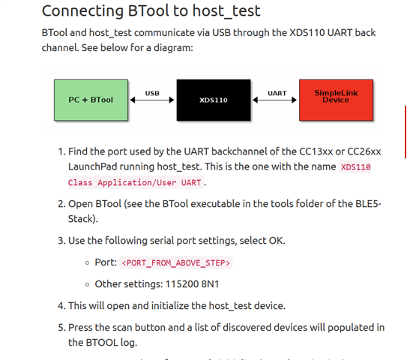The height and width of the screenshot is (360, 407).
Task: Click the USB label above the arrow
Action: click(x=152, y=93)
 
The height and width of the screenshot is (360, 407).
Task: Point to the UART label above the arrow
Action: click(x=277, y=93)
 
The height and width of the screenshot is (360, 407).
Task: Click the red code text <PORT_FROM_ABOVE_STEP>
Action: click(x=176, y=262)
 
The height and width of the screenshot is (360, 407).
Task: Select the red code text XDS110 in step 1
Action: click(x=356, y=166)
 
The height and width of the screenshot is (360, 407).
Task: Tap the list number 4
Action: click(x=61, y=306)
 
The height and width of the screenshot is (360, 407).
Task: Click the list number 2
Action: click(x=61, y=204)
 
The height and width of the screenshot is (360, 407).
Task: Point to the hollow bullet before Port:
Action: click(x=88, y=263)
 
